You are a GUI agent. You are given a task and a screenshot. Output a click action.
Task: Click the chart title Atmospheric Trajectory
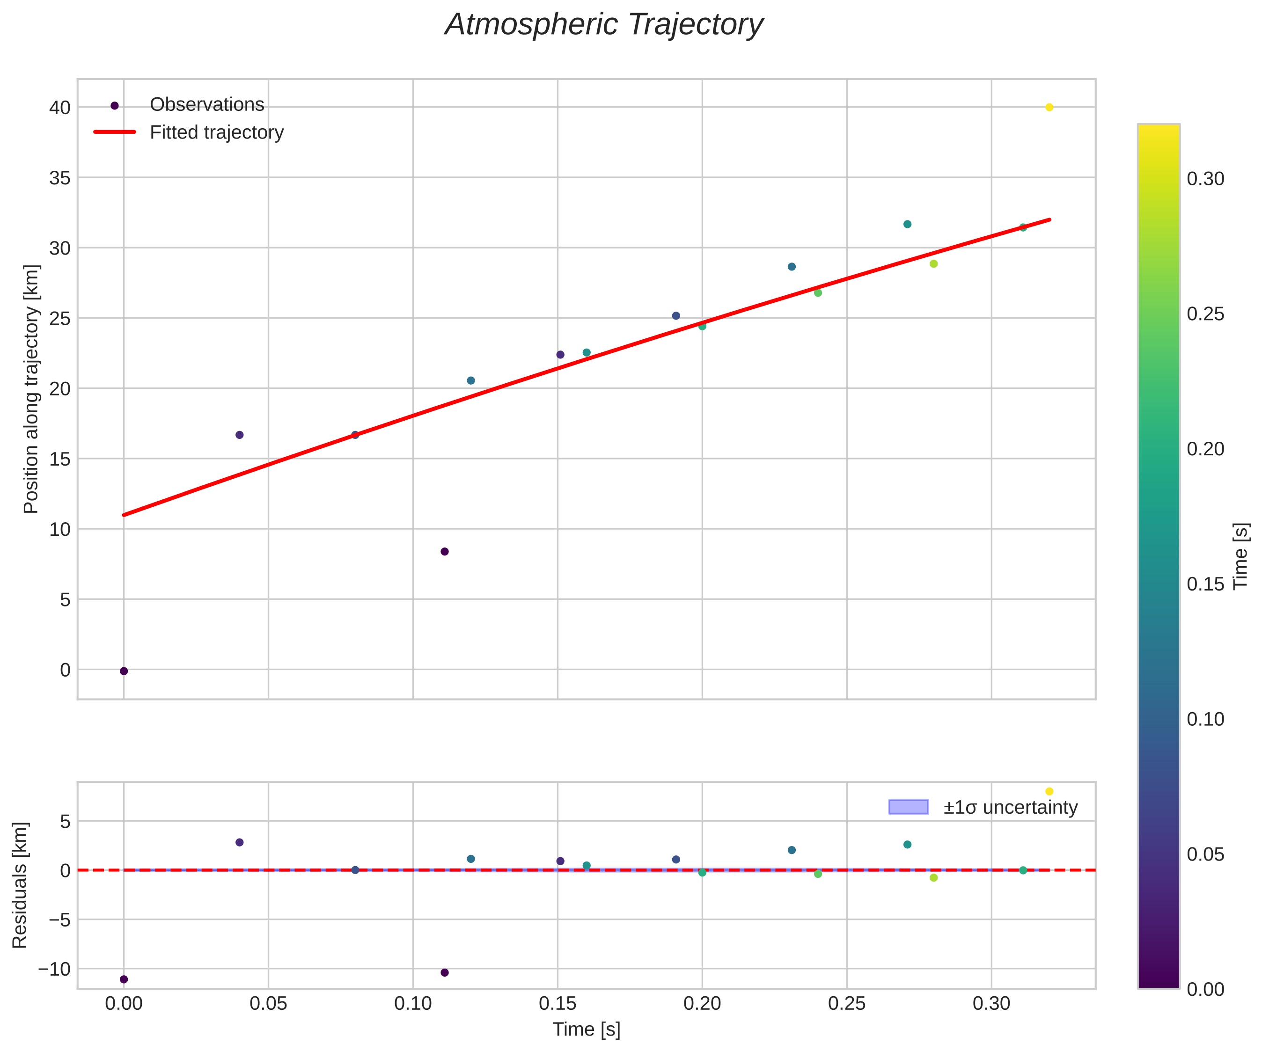click(x=603, y=25)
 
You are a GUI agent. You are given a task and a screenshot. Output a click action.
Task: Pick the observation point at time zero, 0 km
click(x=124, y=671)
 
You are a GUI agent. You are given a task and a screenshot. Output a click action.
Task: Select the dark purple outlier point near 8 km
click(x=445, y=552)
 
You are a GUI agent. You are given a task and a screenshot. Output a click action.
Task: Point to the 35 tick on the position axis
click(x=59, y=178)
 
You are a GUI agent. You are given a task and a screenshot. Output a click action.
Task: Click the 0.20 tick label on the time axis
click(x=702, y=1004)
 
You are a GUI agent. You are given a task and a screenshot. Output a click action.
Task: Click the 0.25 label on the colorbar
click(x=1205, y=314)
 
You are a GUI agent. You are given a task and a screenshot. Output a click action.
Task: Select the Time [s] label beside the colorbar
click(x=1241, y=556)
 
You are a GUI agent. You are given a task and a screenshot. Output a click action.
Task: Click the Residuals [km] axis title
click(x=20, y=885)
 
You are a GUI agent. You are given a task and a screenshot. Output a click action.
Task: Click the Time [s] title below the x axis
click(x=587, y=1029)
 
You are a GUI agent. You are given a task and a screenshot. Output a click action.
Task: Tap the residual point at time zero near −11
click(x=124, y=979)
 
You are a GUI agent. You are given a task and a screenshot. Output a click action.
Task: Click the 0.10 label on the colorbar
click(x=1205, y=719)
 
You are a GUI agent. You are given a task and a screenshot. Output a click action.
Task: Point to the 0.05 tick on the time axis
click(x=268, y=1004)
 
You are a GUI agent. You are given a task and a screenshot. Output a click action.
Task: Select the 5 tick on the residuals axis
click(x=65, y=821)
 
